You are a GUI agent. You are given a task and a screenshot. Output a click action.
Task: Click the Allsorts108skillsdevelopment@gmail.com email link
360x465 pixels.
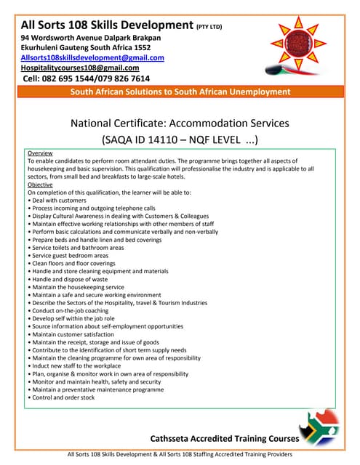point(92,57)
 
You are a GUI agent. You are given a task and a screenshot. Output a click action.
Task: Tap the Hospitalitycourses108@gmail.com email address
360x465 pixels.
point(80,68)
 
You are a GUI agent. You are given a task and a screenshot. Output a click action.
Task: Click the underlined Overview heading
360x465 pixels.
point(39,154)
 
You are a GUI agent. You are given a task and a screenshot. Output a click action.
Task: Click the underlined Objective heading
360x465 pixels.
point(40,185)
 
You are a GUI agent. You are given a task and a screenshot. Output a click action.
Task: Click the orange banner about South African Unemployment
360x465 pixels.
point(180,92)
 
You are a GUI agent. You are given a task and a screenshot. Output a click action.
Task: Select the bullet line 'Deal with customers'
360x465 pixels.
point(58,200)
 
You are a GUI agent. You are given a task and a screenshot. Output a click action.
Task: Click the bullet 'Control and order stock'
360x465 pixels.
point(63,397)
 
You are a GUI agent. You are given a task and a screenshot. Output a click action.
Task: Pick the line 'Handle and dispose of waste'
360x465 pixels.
point(69,279)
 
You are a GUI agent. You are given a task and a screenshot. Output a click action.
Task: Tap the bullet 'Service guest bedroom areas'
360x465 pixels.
point(69,256)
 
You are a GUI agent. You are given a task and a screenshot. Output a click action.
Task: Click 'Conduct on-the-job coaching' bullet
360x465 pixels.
point(70,311)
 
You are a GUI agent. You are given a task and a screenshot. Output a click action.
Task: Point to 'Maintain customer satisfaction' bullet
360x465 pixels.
point(71,334)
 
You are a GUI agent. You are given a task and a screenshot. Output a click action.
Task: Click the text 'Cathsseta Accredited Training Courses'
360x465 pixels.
point(225,439)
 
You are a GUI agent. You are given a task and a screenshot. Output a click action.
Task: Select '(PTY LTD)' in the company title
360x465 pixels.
point(209,28)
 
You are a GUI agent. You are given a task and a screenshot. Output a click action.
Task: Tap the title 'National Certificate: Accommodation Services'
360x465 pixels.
point(180,123)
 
